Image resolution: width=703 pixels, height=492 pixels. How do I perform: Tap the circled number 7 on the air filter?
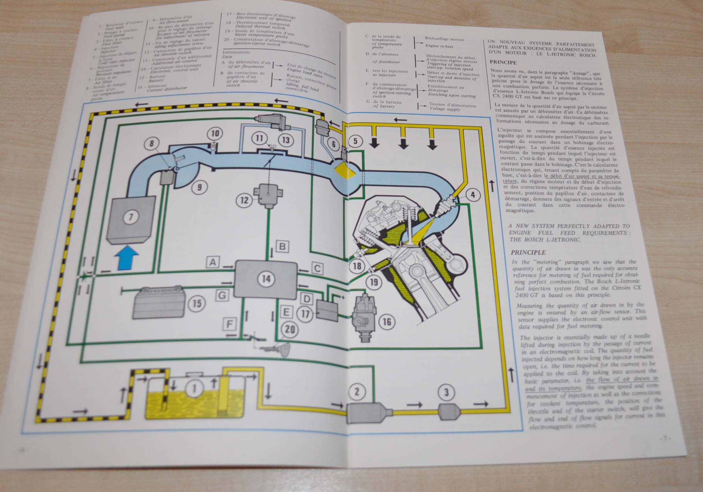click(x=131, y=217)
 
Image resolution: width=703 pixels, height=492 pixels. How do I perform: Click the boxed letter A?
click(x=213, y=262)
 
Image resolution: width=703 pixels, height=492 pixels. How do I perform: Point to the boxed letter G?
click(x=222, y=295)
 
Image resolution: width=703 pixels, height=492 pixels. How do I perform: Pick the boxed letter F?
click(x=229, y=324)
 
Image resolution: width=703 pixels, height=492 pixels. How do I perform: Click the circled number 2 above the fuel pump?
click(x=357, y=391)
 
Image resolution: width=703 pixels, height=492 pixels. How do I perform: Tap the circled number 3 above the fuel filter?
click(x=447, y=392)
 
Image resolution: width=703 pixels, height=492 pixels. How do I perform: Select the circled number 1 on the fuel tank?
click(x=195, y=388)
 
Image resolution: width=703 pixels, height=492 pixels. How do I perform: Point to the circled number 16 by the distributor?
click(x=387, y=321)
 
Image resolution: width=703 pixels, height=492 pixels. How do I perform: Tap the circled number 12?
click(x=245, y=200)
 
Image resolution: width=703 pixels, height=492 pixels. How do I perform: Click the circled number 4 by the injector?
click(x=473, y=195)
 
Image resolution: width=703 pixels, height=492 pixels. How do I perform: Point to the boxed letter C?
click(x=317, y=268)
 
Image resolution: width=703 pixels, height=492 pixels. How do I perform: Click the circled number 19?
click(x=374, y=282)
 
